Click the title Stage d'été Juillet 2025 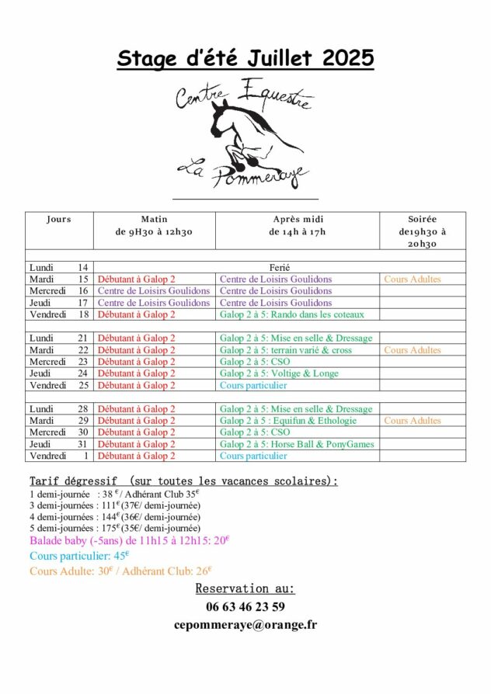[245, 58]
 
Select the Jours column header [58, 220]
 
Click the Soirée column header [422, 220]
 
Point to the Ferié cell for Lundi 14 [280, 267]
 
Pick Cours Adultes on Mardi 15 [412, 279]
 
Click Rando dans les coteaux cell [292, 314]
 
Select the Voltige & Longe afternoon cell [280, 373]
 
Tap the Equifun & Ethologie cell [288, 421]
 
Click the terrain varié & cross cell [286, 350]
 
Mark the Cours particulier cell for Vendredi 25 [253, 385]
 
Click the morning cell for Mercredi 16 [154, 291]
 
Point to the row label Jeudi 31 [59, 444]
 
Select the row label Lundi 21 [59, 338]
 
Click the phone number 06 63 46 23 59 [245, 607]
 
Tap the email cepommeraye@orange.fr [245, 624]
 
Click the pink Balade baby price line [130, 540]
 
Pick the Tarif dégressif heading [183, 481]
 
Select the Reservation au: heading [245, 588]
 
